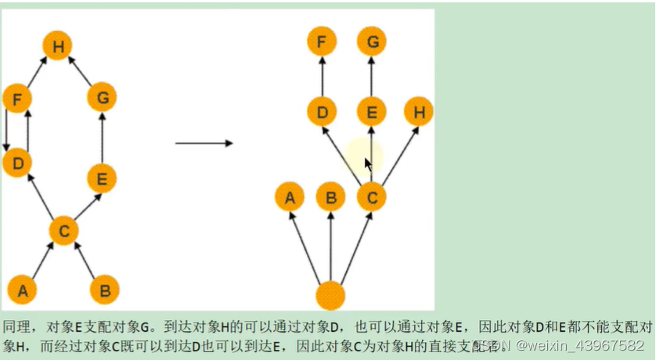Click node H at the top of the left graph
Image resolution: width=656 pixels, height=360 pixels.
point(58,46)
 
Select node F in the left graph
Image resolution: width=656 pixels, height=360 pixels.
point(17,99)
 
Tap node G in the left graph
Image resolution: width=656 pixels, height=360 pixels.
point(102,99)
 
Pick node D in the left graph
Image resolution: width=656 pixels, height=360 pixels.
point(17,164)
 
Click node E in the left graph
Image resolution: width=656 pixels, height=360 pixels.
point(102,178)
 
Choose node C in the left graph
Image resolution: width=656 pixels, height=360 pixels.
point(64,230)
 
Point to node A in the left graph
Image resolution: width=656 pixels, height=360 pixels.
point(23,290)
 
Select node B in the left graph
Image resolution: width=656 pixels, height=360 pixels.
point(104,290)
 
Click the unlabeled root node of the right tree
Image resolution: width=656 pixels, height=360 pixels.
point(330,296)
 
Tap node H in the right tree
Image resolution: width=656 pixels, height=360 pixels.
point(419,112)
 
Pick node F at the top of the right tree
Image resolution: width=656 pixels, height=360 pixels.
point(322,41)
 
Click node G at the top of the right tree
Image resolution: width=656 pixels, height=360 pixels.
point(372,41)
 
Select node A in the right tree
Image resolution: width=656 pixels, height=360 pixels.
point(290,197)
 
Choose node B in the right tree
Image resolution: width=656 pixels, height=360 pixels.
point(330,197)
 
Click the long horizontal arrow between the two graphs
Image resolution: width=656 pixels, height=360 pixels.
point(204,143)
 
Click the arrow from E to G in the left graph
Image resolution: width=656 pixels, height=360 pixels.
point(102,139)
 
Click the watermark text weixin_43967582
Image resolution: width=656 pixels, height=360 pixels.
point(579,345)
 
